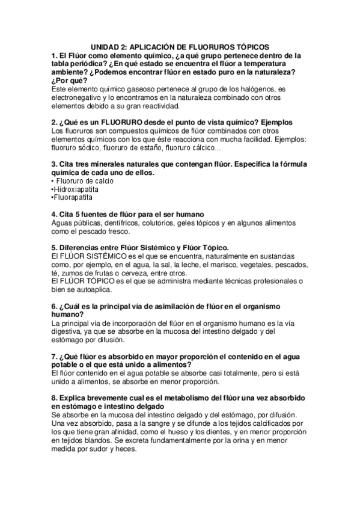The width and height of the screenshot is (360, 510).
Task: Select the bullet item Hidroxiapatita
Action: pos(75,189)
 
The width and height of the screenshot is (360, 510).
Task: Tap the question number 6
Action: pos(54,306)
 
